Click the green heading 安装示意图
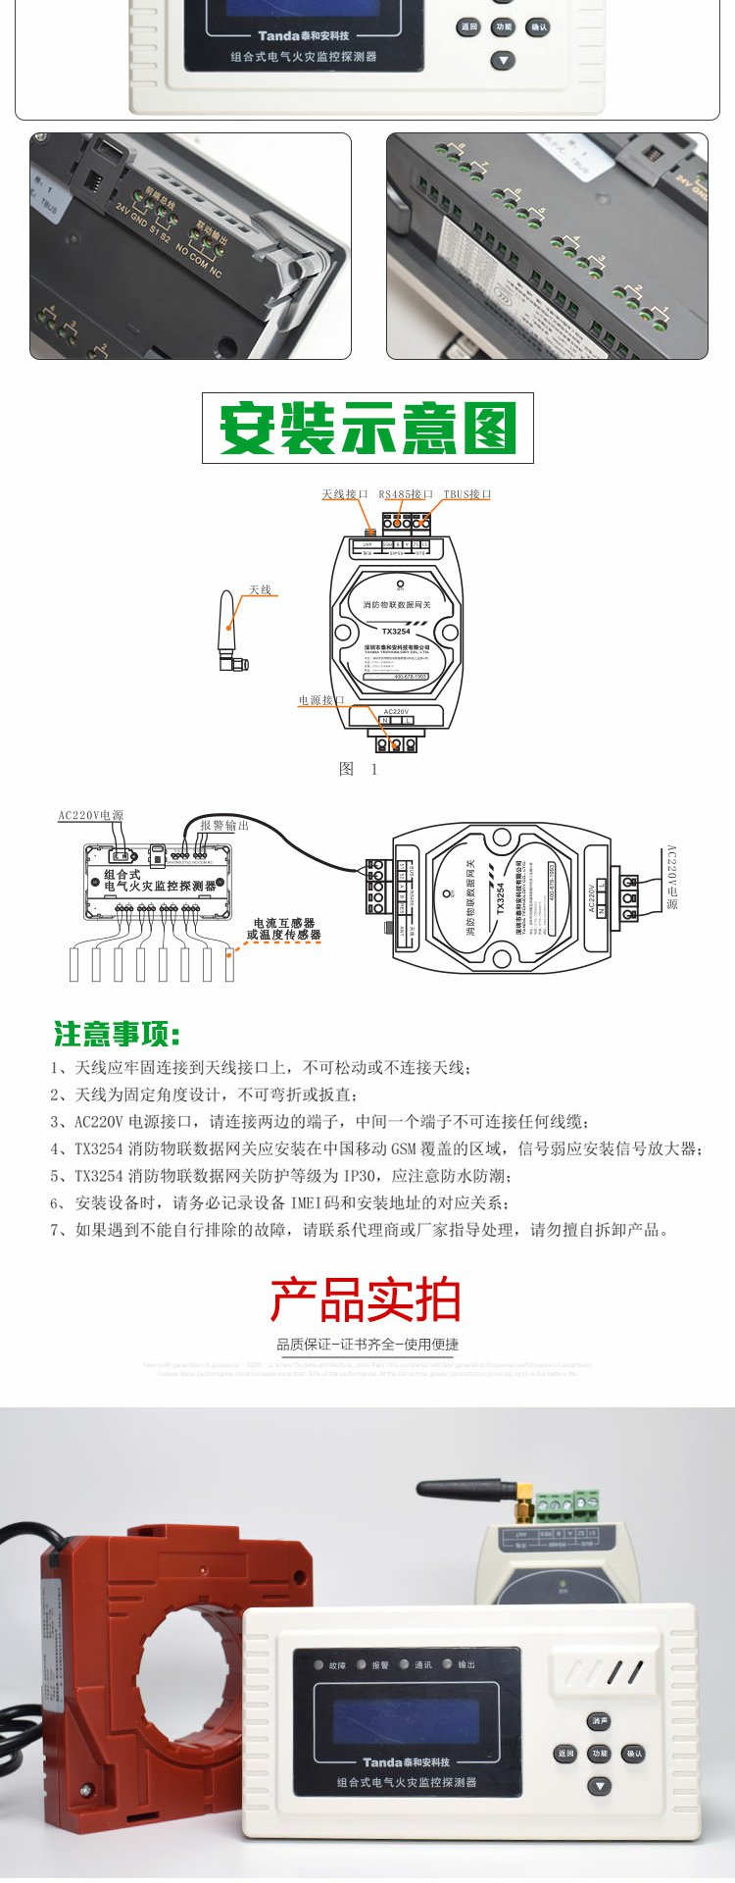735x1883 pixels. (x=367, y=428)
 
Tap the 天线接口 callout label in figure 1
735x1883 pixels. (x=344, y=494)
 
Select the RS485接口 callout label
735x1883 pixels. (x=406, y=494)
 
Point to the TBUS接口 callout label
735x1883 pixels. (x=466, y=494)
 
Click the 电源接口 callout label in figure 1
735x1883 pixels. (x=321, y=700)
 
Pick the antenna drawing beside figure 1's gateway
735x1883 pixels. (x=231, y=633)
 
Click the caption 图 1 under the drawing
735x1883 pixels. (x=358, y=769)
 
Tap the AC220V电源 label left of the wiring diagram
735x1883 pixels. (x=90, y=815)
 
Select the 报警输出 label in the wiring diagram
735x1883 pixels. (x=224, y=825)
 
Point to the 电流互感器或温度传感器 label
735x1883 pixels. (x=283, y=929)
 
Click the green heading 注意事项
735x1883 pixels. (x=117, y=1034)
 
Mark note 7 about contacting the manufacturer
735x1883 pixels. (x=360, y=1230)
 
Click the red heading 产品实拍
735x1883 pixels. (x=366, y=1299)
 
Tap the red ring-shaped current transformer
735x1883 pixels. (x=176, y=1667)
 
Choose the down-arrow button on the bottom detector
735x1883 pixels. (x=599, y=1787)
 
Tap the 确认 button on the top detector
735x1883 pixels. (x=537, y=27)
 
